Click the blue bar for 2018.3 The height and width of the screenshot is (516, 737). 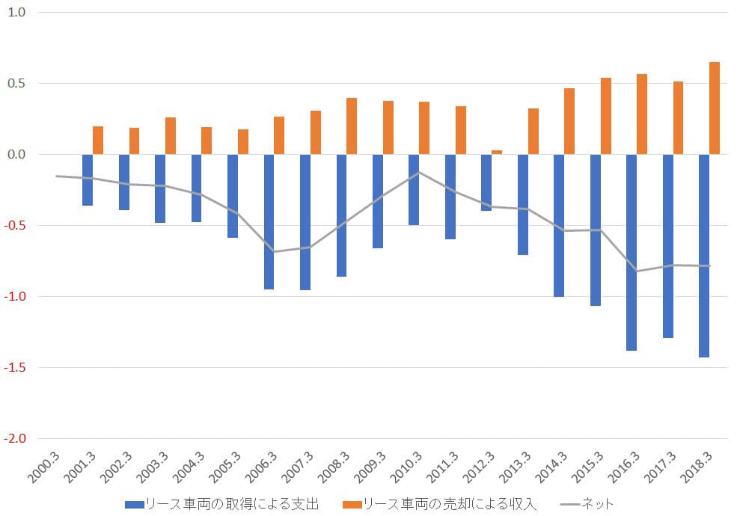(x=703, y=256)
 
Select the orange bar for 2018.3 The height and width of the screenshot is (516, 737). (x=715, y=108)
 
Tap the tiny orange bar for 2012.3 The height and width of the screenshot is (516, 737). (x=497, y=152)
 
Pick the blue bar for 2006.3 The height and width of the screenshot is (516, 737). (x=269, y=221)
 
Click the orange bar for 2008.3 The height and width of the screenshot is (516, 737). (x=352, y=126)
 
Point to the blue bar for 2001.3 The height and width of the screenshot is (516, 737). (x=88, y=179)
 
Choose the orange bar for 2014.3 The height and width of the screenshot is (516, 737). (x=569, y=121)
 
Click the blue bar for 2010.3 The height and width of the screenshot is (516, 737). (x=414, y=189)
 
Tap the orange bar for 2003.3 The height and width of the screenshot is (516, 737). (x=171, y=136)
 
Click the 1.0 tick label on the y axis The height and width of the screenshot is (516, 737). (x=17, y=13)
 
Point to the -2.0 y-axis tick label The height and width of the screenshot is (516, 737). (x=16, y=439)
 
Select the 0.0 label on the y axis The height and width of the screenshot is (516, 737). (x=17, y=155)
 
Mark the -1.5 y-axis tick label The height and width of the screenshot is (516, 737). (x=16, y=368)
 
